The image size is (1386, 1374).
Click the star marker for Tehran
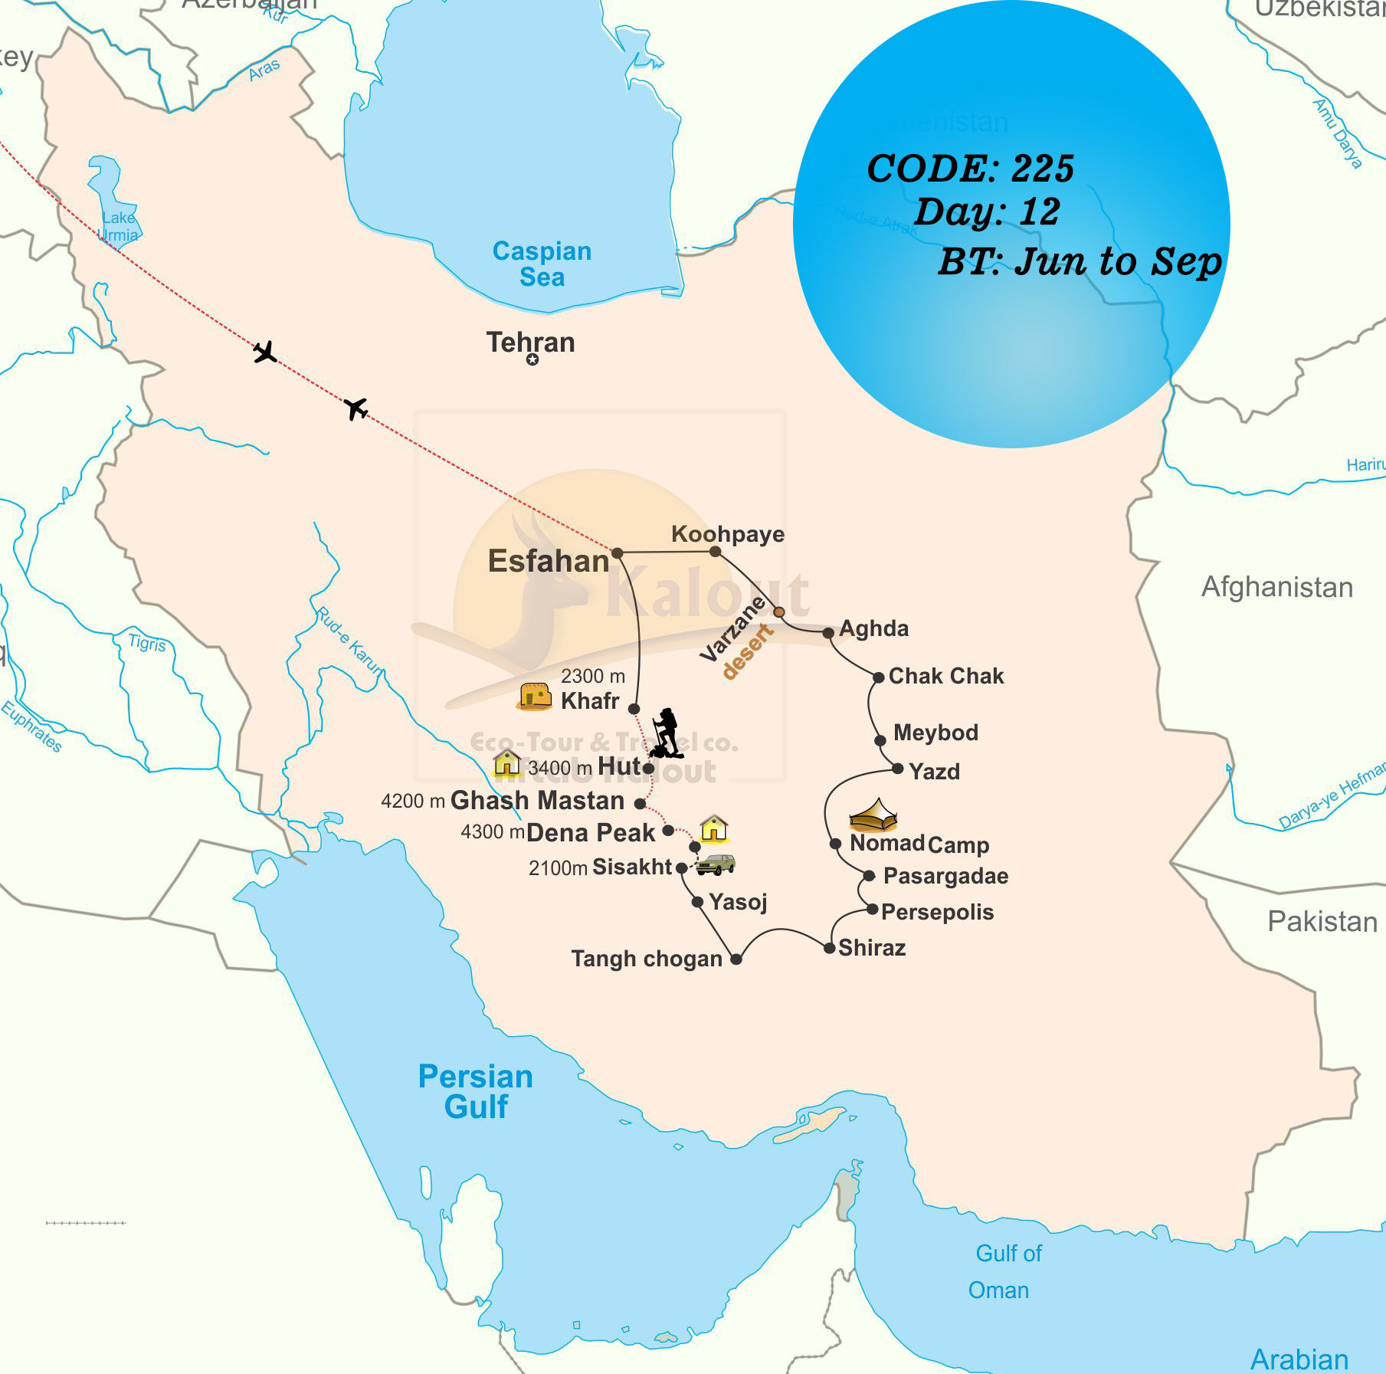(x=532, y=359)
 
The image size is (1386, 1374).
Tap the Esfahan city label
(x=548, y=562)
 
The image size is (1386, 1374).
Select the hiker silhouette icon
(x=666, y=733)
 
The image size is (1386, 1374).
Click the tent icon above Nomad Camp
(x=873, y=816)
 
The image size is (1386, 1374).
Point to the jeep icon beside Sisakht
(x=716, y=864)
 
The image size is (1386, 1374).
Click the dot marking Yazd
(x=897, y=769)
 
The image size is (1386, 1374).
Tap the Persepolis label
(x=937, y=912)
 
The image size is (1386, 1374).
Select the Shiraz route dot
(x=829, y=949)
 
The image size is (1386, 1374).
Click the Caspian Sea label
(x=542, y=264)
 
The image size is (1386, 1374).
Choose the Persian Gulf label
(x=475, y=1091)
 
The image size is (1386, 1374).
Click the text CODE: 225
(x=970, y=169)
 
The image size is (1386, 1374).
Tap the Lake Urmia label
(x=119, y=227)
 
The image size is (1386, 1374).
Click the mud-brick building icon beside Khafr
(x=535, y=696)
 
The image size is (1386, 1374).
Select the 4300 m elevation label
(x=492, y=832)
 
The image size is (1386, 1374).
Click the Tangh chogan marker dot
(x=736, y=959)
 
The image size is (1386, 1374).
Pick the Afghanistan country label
(x=1276, y=587)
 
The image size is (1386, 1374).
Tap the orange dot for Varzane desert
(x=778, y=612)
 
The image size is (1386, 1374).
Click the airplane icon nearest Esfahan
(x=356, y=408)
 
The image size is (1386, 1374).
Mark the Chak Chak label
(x=946, y=676)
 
